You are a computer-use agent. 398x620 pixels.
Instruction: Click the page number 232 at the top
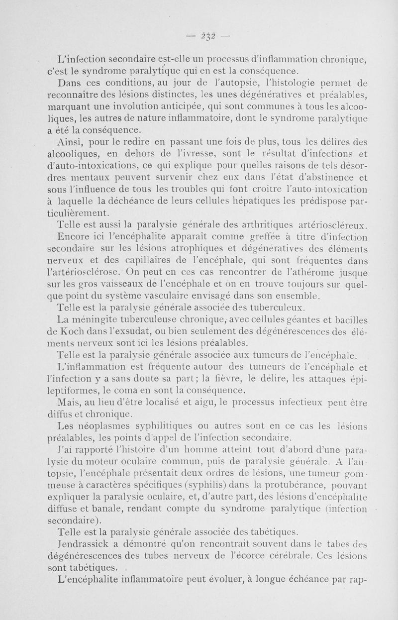(x=208, y=35)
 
